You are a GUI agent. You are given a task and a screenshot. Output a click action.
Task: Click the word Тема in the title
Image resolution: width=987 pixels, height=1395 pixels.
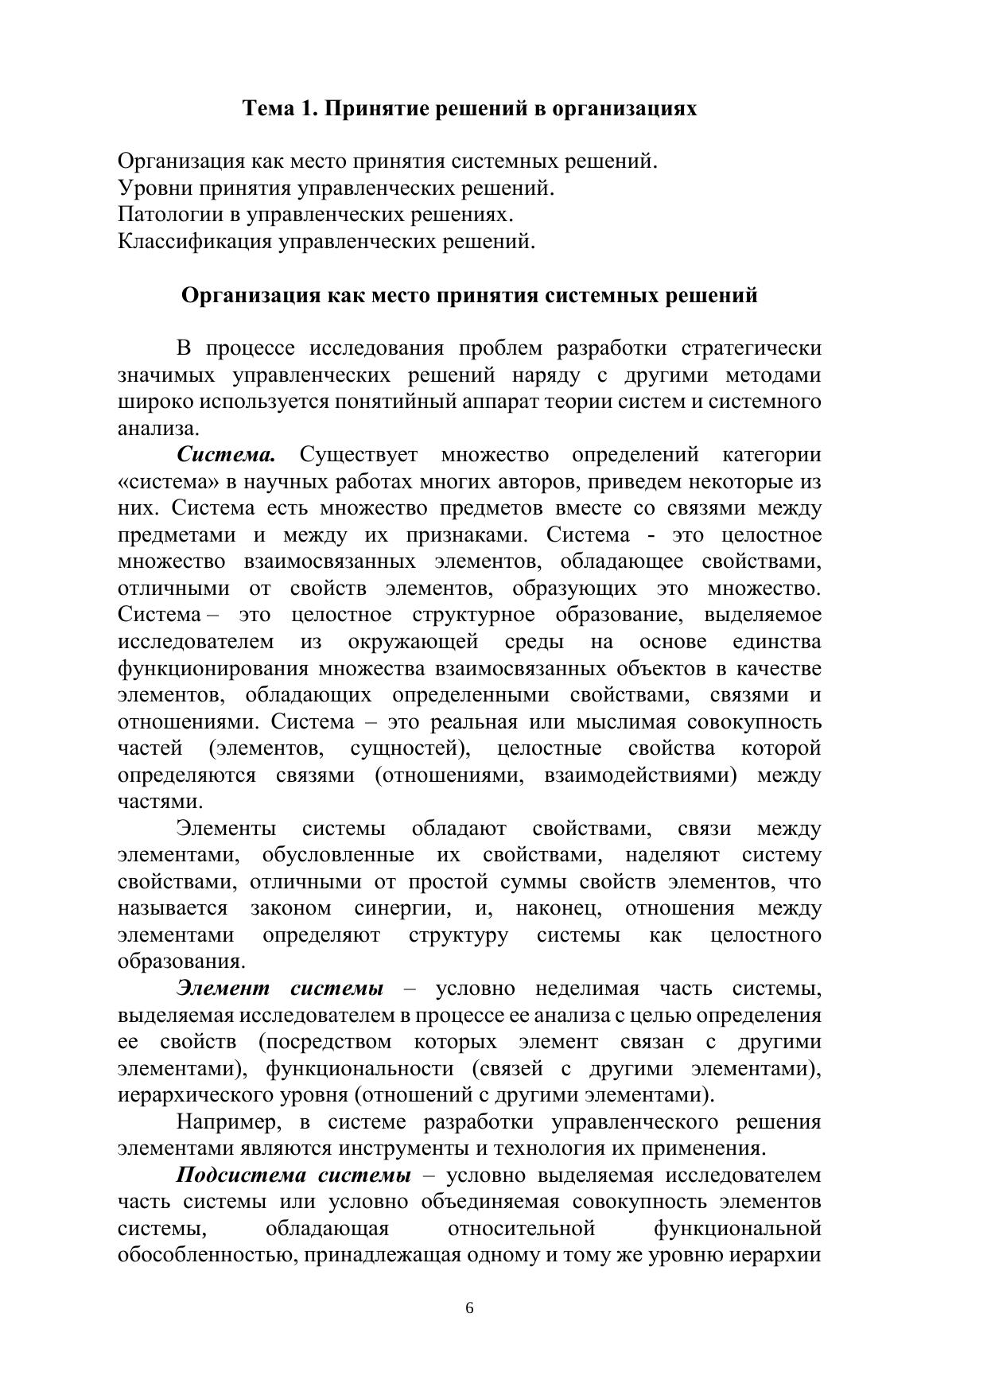pyautogui.click(x=269, y=109)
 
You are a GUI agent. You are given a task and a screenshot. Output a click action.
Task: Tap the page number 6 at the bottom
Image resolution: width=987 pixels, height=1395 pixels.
pyautogui.click(x=469, y=1308)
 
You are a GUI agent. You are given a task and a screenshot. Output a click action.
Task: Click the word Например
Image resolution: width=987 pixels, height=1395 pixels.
pyautogui.click(x=228, y=1123)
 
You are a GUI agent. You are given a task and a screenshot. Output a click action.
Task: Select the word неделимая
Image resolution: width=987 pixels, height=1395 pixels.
pyautogui.click(x=587, y=989)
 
